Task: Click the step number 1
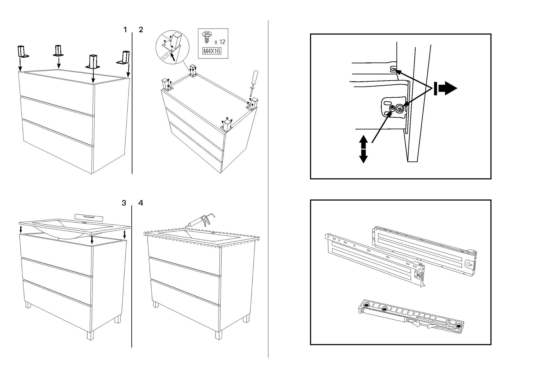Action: tap(125, 30)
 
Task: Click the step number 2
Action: tap(141, 30)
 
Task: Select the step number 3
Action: tap(124, 203)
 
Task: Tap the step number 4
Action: tap(141, 203)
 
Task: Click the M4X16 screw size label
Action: tap(211, 51)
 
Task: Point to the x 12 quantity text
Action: tap(220, 42)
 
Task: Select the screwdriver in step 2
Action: tap(253, 83)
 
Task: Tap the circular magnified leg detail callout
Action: tap(172, 47)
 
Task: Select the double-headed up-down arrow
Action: tap(363, 149)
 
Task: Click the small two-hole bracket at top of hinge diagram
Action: tap(393, 70)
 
